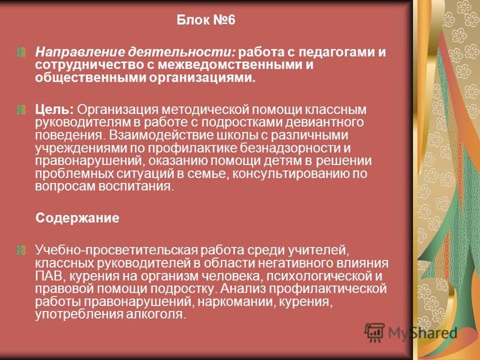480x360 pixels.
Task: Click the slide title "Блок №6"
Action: coord(206,20)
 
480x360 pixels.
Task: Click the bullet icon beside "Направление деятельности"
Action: coord(21,52)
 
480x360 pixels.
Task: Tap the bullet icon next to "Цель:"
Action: coord(21,110)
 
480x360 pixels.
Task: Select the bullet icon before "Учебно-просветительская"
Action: coord(21,250)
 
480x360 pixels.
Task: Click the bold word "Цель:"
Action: coord(55,110)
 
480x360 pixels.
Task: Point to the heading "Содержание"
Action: coord(77,218)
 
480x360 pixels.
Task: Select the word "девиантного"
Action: coord(325,122)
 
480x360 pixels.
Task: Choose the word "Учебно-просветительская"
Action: coord(116,250)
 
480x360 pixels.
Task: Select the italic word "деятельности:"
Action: coord(182,52)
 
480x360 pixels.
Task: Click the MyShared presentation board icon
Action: coord(374,332)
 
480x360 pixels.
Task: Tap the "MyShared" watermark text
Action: coord(423,333)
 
